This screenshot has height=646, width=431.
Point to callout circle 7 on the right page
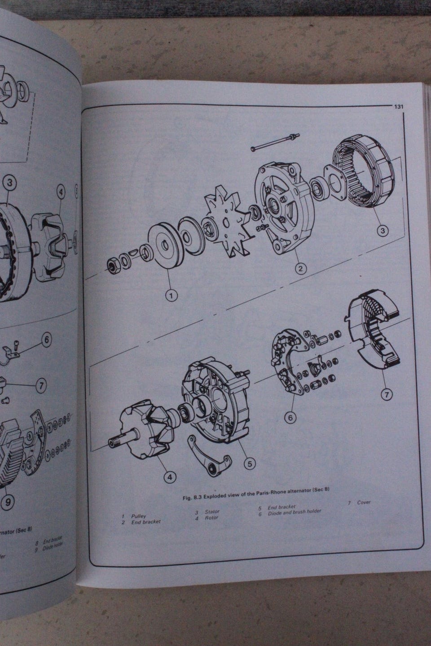click(386, 394)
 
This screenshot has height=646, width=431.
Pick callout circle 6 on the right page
click(290, 417)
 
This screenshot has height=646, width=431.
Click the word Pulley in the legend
click(139, 516)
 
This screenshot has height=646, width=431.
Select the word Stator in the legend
click(212, 511)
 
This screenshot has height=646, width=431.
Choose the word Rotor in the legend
click(211, 518)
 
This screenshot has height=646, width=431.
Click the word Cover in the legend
click(364, 502)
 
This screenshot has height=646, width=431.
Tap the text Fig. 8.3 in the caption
click(194, 498)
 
